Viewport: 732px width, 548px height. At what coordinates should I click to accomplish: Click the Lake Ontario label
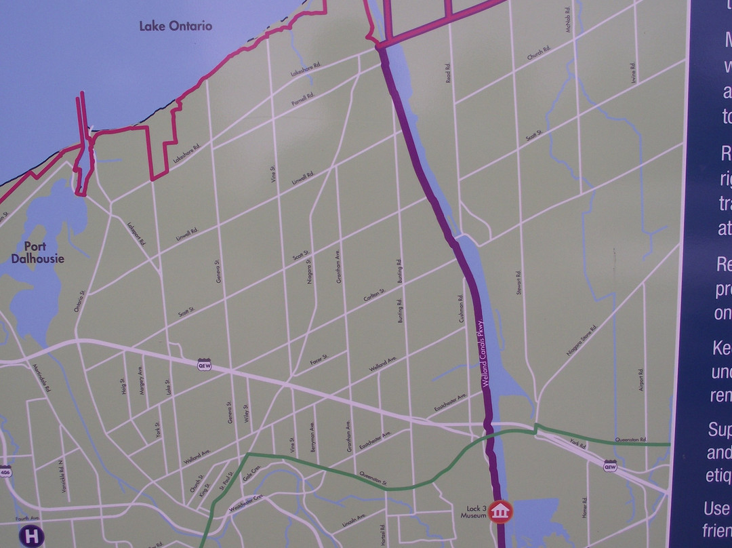click(x=176, y=26)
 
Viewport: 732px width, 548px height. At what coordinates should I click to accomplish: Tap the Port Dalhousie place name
click(x=38, y=252)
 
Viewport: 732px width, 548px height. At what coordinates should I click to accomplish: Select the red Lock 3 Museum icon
click(x=500, y=511)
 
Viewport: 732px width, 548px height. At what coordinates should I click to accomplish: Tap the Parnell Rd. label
click(x=303, y=100)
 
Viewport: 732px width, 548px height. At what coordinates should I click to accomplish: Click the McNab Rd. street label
click(x=568, y=18)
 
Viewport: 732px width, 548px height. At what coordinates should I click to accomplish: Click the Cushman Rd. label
click(x=460, y=308)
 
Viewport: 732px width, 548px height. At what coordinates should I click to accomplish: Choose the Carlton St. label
click(x=374, y=295)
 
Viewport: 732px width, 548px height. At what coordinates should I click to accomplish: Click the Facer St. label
click(x=319, y=359)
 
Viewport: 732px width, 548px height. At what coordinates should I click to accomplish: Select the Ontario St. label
click(x=80, y=301)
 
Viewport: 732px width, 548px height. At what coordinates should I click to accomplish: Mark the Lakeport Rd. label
click(x=137, y=231)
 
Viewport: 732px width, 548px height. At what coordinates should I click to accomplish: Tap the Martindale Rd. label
click(x=41, y=377)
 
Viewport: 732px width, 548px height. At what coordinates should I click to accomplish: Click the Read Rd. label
click(x=448, y=73)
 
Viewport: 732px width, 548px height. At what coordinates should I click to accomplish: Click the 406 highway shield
click(x=6, y=471)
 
